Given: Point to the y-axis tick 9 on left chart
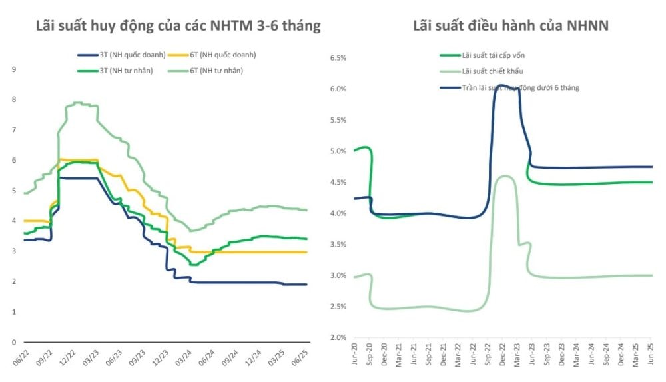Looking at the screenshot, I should coord(14,69).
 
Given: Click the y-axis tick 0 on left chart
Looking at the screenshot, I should coord(14,342).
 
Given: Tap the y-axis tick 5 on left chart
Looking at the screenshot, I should coord(14,190).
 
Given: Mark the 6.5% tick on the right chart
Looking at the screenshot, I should coord(338,58).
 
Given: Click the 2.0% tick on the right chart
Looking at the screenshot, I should coord(338,337).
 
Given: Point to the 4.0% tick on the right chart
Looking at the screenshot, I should coord(338,213).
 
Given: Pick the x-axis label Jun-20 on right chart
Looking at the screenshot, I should coord(354,355).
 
